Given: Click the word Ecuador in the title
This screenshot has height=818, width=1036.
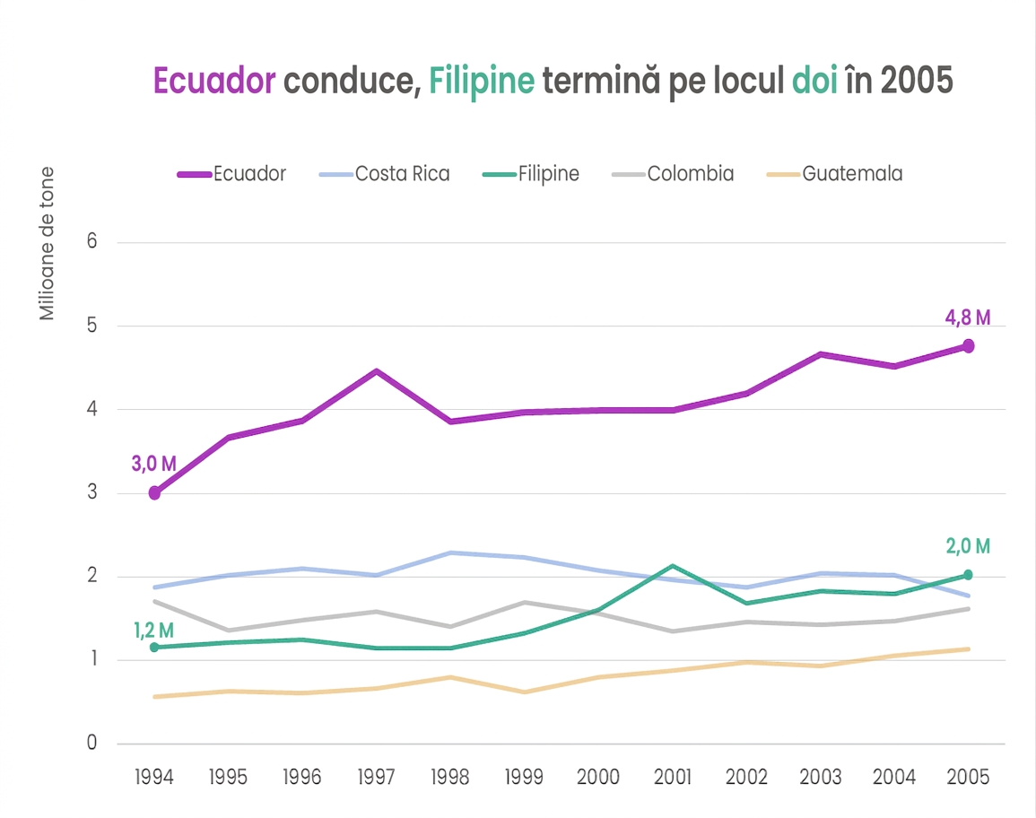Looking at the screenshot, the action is pyautogui.click(x=214, y=81).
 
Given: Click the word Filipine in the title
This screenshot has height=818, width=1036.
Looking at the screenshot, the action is pyautogui.click(x=482, y=82).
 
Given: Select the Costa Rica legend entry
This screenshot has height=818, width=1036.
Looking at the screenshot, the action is pyautogui.click(x=385, y=174).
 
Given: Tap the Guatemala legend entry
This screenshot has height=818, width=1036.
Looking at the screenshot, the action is pyautogui.click(x=834, y=174).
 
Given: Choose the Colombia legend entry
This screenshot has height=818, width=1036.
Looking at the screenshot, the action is pyautogui.click(x=673, y=174).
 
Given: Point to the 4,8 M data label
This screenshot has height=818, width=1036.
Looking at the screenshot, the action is pyautogui.click(x=967, y=318).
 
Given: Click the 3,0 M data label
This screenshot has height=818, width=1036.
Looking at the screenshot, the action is pyautogui.click(x=154, y=464).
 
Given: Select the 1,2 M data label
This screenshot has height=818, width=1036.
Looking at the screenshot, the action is pyautogui.click(x=154, y=631).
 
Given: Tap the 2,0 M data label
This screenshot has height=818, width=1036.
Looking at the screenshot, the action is pyautogui.click(x=968, y=546).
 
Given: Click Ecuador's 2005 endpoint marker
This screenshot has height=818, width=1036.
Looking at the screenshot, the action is pyautogui.click(x=968, y=345).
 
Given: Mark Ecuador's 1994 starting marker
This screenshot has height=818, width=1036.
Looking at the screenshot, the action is pyautogui.click(x=154, y=493).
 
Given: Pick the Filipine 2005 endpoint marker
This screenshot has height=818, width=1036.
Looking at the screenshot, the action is pyautogui.click(x=968, y=575).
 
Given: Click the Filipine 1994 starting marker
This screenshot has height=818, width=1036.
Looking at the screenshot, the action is pyautogui.click(x=154, y=648).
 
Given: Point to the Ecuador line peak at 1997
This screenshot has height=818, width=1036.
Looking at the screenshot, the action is pyautogui.click(x=376, y=371).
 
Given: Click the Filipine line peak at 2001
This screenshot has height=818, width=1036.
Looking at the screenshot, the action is pyautogui.click(x=673, y=566).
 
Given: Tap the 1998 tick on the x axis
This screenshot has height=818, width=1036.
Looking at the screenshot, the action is pyautogui.click(x=450, y=777).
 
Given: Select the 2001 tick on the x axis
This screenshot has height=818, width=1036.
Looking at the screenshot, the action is pyautogui.click(x=673, y=777).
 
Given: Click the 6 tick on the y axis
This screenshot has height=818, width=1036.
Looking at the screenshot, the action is pyautogui.click(x=91, y=241).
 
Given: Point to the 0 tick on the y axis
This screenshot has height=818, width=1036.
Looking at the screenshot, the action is pyautogui.click(x=91, y=743).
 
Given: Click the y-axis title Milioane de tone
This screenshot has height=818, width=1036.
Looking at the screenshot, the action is pyautogui.click(x=47, y=244).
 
